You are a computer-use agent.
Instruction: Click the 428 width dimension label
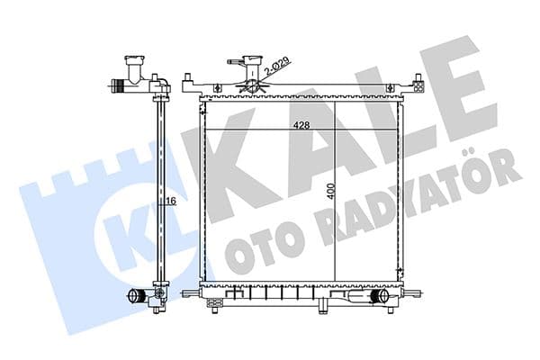click(x=301, y=126)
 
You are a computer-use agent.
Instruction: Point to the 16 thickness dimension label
click(x=168, y=202)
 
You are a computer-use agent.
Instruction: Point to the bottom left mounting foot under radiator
click(x=214, y=303)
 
